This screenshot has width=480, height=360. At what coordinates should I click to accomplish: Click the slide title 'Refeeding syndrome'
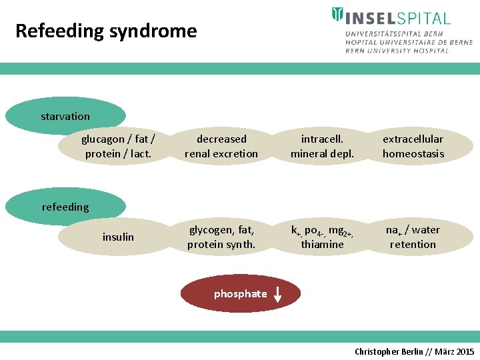pos(106,31)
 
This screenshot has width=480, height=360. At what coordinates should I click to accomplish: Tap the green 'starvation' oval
pos(65,117)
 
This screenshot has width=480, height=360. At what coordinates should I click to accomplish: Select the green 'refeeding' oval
pos(65,207)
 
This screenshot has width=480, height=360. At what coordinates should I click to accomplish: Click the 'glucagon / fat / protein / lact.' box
pos(118,147)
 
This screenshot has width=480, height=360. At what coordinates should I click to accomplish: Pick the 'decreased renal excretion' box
pos(221,147)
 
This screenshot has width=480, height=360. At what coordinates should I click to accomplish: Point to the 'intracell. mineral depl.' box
pos(322,147)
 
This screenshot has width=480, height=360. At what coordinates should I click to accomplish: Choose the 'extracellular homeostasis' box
pos(413,147)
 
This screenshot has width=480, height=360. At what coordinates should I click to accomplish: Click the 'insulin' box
pos(118,237)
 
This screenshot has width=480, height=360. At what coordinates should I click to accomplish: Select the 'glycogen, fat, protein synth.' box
pos(221,237)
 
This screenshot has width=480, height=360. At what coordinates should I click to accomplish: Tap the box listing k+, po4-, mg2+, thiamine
pos(322,237)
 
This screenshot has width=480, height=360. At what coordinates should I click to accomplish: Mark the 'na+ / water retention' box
pos(413,237)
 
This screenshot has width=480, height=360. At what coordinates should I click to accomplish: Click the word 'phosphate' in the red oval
pos(240,294)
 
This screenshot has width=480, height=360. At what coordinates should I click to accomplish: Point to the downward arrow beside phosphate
pos(277,295)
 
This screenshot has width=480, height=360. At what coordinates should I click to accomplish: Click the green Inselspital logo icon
pos(337,15)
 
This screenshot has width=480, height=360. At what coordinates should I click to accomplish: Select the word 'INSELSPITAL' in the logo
pos(397,17)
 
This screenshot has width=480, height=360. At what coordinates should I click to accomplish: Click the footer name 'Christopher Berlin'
pos(389,351)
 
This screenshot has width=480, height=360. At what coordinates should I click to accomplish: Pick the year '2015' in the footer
pos(464,351)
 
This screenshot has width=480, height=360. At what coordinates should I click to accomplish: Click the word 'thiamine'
pos(322,245)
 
